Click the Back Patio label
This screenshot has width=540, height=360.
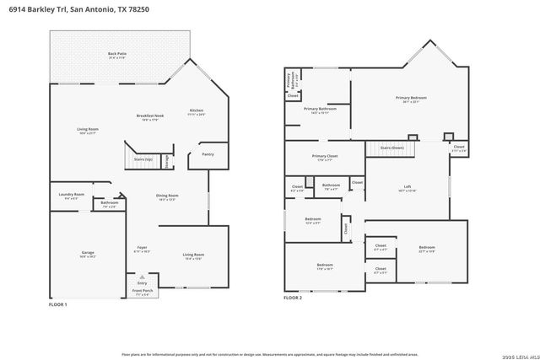click(x=116, y=55)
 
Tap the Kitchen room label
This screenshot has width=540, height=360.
click(x=197, y=111)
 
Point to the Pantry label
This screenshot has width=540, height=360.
click(x=207, y=154)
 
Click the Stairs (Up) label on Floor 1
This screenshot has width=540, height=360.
click(x=143, y=159)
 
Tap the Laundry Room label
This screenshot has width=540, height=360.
click(x=72, y=196)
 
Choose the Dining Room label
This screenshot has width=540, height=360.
click(x=166, y=197)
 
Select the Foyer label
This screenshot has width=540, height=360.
click(x=141, y=249)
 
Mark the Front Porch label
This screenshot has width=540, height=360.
click(x=142, y=292)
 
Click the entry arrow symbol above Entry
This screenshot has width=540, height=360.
click(x=142, y=276)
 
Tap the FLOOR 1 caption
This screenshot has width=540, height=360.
click(x=57, y=304)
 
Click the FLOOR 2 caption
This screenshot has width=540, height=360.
click(x=293, y=298)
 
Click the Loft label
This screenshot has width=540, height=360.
click(x=407, y=190)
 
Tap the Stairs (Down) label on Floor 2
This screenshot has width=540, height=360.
click(x=391, y=148)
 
